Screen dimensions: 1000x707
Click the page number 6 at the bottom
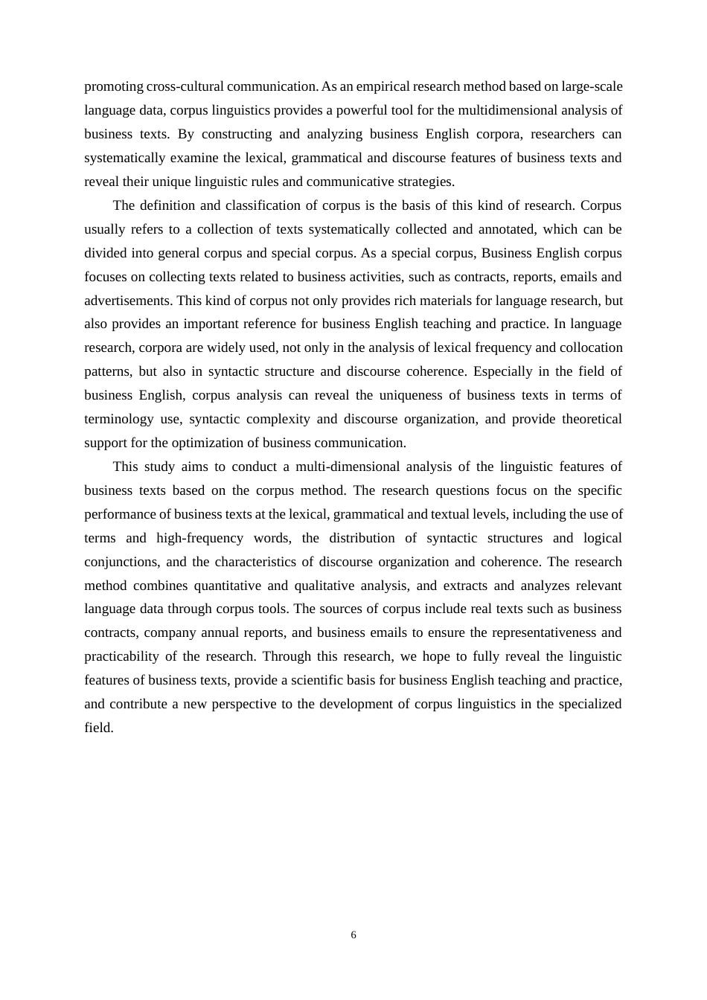click(x=353, y=935)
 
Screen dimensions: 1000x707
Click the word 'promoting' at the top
click(x=113, y=86)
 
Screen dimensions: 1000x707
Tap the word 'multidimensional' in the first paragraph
click(x=507, y=110)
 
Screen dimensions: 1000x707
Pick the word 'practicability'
click(x=121, y=656)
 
